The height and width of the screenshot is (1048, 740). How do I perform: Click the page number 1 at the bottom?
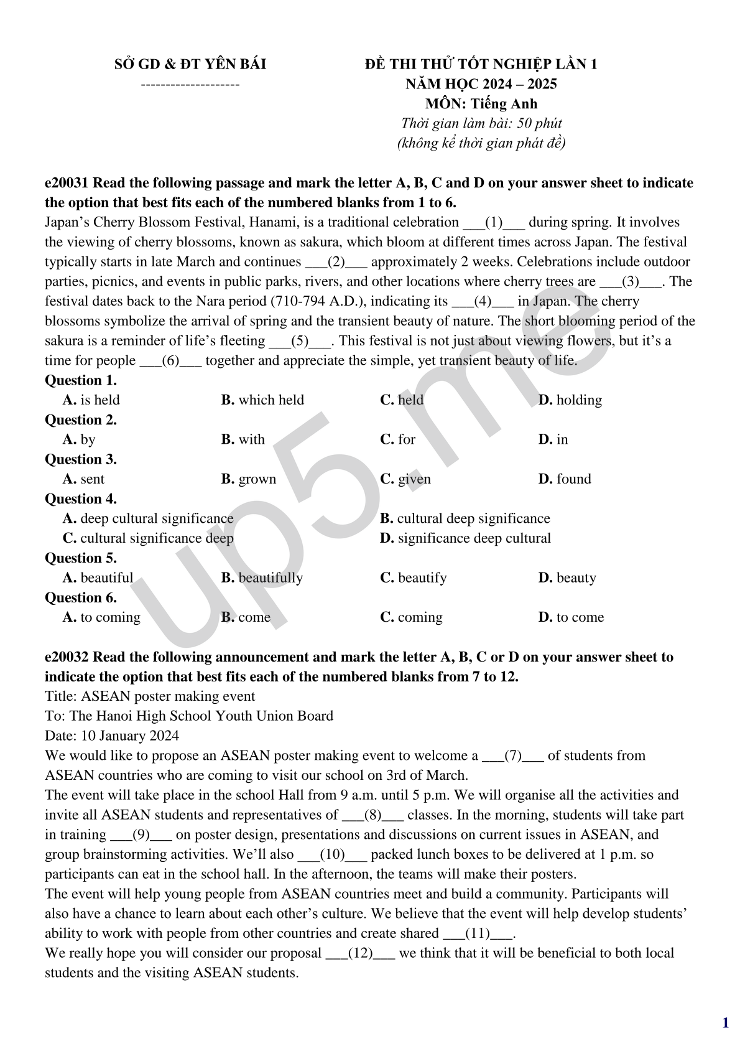coord(725,1023)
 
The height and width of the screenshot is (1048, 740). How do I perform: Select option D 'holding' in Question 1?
coord(570,400)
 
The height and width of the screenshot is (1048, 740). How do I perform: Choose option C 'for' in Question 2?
coord(397,439)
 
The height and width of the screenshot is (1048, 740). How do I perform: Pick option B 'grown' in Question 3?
coord(248,479)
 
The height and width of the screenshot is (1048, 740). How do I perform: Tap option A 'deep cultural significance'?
coord(148,518)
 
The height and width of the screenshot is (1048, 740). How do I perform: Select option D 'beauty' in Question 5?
coord(567,578)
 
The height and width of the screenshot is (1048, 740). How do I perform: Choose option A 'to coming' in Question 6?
coord(101,617)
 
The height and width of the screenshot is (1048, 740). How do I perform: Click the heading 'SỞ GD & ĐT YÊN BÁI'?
coord(190,64)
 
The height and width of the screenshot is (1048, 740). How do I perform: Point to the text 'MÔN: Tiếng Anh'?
coord(481,104)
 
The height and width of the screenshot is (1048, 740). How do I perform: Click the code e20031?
coord(67,183)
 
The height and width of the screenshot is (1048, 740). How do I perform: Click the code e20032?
coord(67,657)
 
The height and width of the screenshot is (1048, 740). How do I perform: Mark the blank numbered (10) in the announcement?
coord(332,854)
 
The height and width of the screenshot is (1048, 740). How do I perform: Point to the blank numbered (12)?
coord(360,953)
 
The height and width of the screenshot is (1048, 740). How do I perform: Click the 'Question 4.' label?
coord(81,498)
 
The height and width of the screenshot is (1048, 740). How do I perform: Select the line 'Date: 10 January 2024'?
coord(112,736)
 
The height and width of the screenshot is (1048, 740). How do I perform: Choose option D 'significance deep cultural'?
coord(465,538)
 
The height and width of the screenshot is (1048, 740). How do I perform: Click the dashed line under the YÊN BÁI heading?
coord(190,83)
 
